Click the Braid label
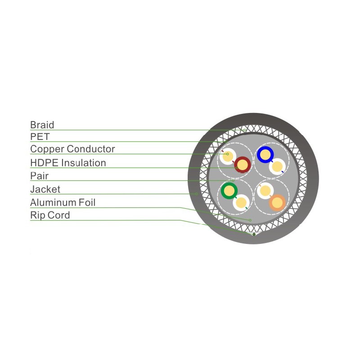(x=42, y=125)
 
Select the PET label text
(x=40, y=137)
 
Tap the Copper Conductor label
(x=72, y=149)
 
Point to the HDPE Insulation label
(x=68, y=163)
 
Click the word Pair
(x=39, y=176)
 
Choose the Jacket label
(x=45, y=189)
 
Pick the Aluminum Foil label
(x=63, y=202)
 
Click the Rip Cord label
(x=50, y=216)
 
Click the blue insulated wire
(x=265, y=154)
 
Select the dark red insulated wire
(x=242, y=165)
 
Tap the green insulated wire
(x=229, y=190)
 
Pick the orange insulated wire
(x=277, y=203)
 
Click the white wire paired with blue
(x=277, y=166)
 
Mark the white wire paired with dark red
(x=228, y=156)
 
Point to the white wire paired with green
(x=241, y=203)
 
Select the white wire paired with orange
(x=265, y=191)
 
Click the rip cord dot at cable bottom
(x=254, y=234)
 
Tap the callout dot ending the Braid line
(x=245, y=130)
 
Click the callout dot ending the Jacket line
(x=197, y=194)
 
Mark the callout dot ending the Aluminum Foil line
(x=250, y=220)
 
